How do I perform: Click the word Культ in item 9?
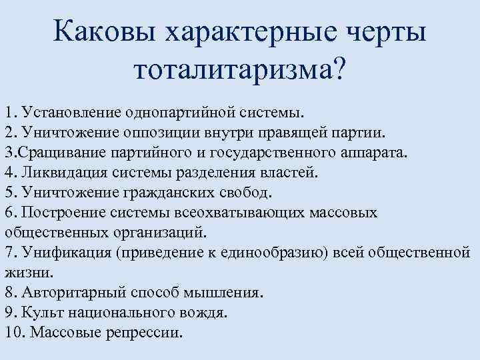click(x=40, y=312)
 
